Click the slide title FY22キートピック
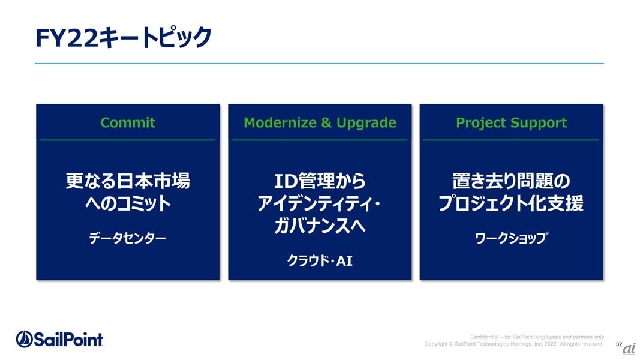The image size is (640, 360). tap(124, 38)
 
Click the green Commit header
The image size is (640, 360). tap(128, 122)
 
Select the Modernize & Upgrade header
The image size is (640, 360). tap(320, 122)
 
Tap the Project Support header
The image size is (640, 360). tap(512, 123)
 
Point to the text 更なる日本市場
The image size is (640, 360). tap(128, 181)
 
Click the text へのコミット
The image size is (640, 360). tap(128, 203)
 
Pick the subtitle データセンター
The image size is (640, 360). tap(127, 238)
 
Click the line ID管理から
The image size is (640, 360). tap(320, 181)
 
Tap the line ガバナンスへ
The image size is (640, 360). tap(320, 226)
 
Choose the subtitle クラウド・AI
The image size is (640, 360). tap(320, 260)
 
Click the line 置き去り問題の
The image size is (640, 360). tap(512, 181)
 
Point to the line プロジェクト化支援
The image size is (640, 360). tap(511, 203)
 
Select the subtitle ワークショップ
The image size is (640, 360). tap(512, 238)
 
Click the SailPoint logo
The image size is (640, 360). tap(59, 339)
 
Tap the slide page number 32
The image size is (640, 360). tap(619, 344)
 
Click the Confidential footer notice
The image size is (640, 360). tap(537, 337)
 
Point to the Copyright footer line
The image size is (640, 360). tap(514, 344)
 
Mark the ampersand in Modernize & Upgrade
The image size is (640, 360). tap(326, 122)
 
